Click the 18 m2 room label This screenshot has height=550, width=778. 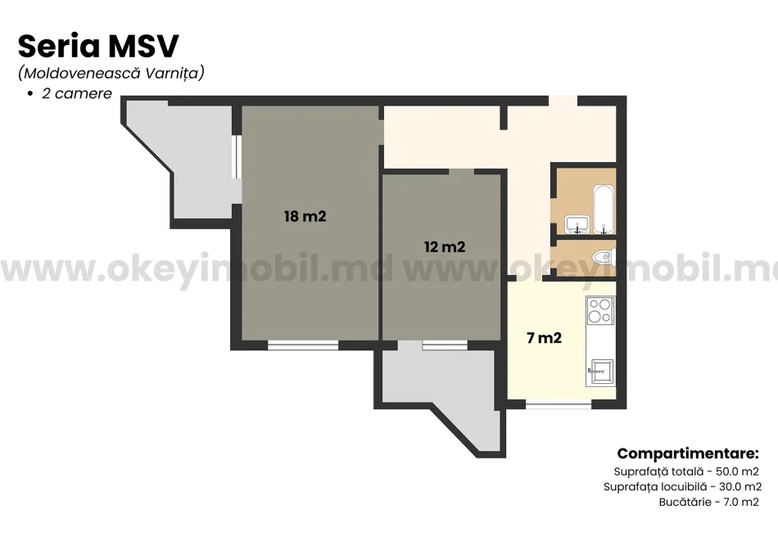pos(305,216)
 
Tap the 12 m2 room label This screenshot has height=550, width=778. pos(445,246)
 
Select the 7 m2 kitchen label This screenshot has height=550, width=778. pos(544,338)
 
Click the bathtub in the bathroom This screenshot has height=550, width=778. pos(604,209)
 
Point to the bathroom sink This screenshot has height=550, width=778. pos(577,224)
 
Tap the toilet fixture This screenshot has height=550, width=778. pos(605,256)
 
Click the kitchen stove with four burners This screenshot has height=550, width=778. pos(600,310)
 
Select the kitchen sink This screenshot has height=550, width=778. pos(600,372)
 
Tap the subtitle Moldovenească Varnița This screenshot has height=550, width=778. pos(111,73)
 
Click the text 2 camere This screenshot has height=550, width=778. pos(77,93)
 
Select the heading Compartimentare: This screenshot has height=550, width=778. pos(688,453)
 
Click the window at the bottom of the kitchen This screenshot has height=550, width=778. pos(559,405)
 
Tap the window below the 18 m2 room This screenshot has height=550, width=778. pos(303,345)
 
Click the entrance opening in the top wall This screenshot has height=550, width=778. pos(563,101)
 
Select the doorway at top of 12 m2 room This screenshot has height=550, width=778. pos(461,172)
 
